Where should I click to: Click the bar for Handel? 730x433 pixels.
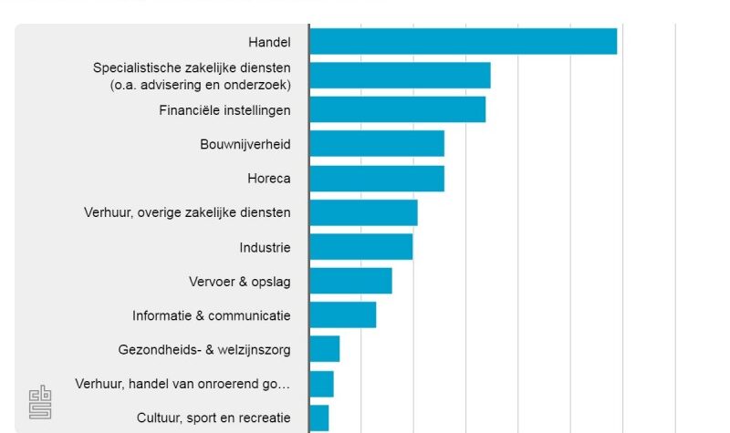click(x=463, y=41)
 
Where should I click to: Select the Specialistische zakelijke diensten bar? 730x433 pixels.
click(x=400, y=75)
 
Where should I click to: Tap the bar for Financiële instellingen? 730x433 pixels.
click(x=397, y=109)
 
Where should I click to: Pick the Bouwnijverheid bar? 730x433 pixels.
click(x=377, y=144)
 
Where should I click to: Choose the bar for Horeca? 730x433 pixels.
click(x=377, y=179)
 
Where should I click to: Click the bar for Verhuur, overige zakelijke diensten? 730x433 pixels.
click(x=363, y=212)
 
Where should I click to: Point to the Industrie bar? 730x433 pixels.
click(x=360, y=247)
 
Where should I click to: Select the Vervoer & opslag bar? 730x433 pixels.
click(x=350, y=281)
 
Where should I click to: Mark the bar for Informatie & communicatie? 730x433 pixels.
click(x=342, y=315)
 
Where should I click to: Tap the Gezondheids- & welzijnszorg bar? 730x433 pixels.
click(x=324, y=349)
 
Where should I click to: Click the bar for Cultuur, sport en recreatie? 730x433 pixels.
click(x=318, y=418)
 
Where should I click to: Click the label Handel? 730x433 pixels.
click(x=269, y=42)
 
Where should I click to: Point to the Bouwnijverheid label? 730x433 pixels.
click(x=245, y=144)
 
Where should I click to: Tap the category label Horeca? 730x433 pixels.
click(x=268, y=179)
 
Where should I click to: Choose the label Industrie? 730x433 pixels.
click(x=265, y=247)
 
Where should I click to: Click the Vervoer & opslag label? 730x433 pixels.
click(x=239, y=282)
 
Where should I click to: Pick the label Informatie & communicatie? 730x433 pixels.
click(x=211, y=315)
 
